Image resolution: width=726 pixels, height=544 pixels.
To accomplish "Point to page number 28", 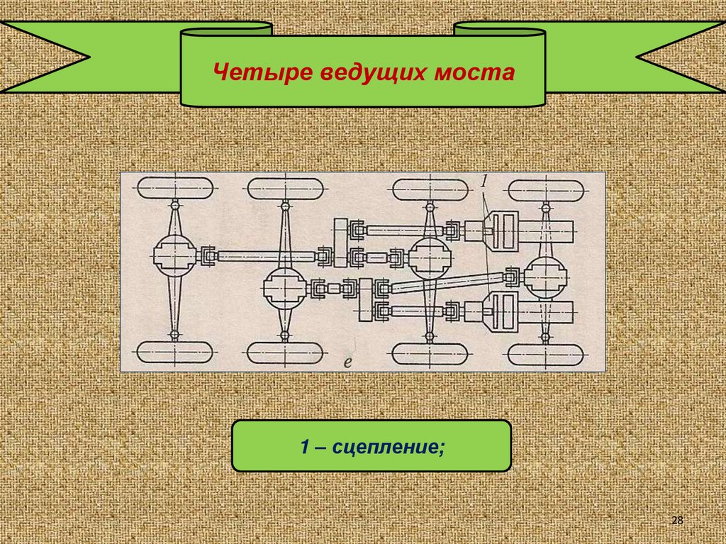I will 676,521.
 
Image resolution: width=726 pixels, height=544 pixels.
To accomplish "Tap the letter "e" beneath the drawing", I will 348,362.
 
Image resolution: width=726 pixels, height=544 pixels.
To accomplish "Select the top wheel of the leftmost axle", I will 174,189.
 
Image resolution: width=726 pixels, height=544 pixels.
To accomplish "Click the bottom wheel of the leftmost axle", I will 174,352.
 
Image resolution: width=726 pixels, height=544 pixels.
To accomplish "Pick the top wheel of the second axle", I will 284,189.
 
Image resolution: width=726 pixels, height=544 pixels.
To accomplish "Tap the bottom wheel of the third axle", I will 429,353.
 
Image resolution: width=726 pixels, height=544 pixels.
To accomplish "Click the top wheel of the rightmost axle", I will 545,190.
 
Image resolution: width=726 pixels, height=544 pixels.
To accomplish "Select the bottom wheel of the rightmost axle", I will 545,353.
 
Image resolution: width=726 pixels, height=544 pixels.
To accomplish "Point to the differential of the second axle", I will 284,289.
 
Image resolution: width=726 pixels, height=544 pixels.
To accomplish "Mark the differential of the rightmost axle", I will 544,276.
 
